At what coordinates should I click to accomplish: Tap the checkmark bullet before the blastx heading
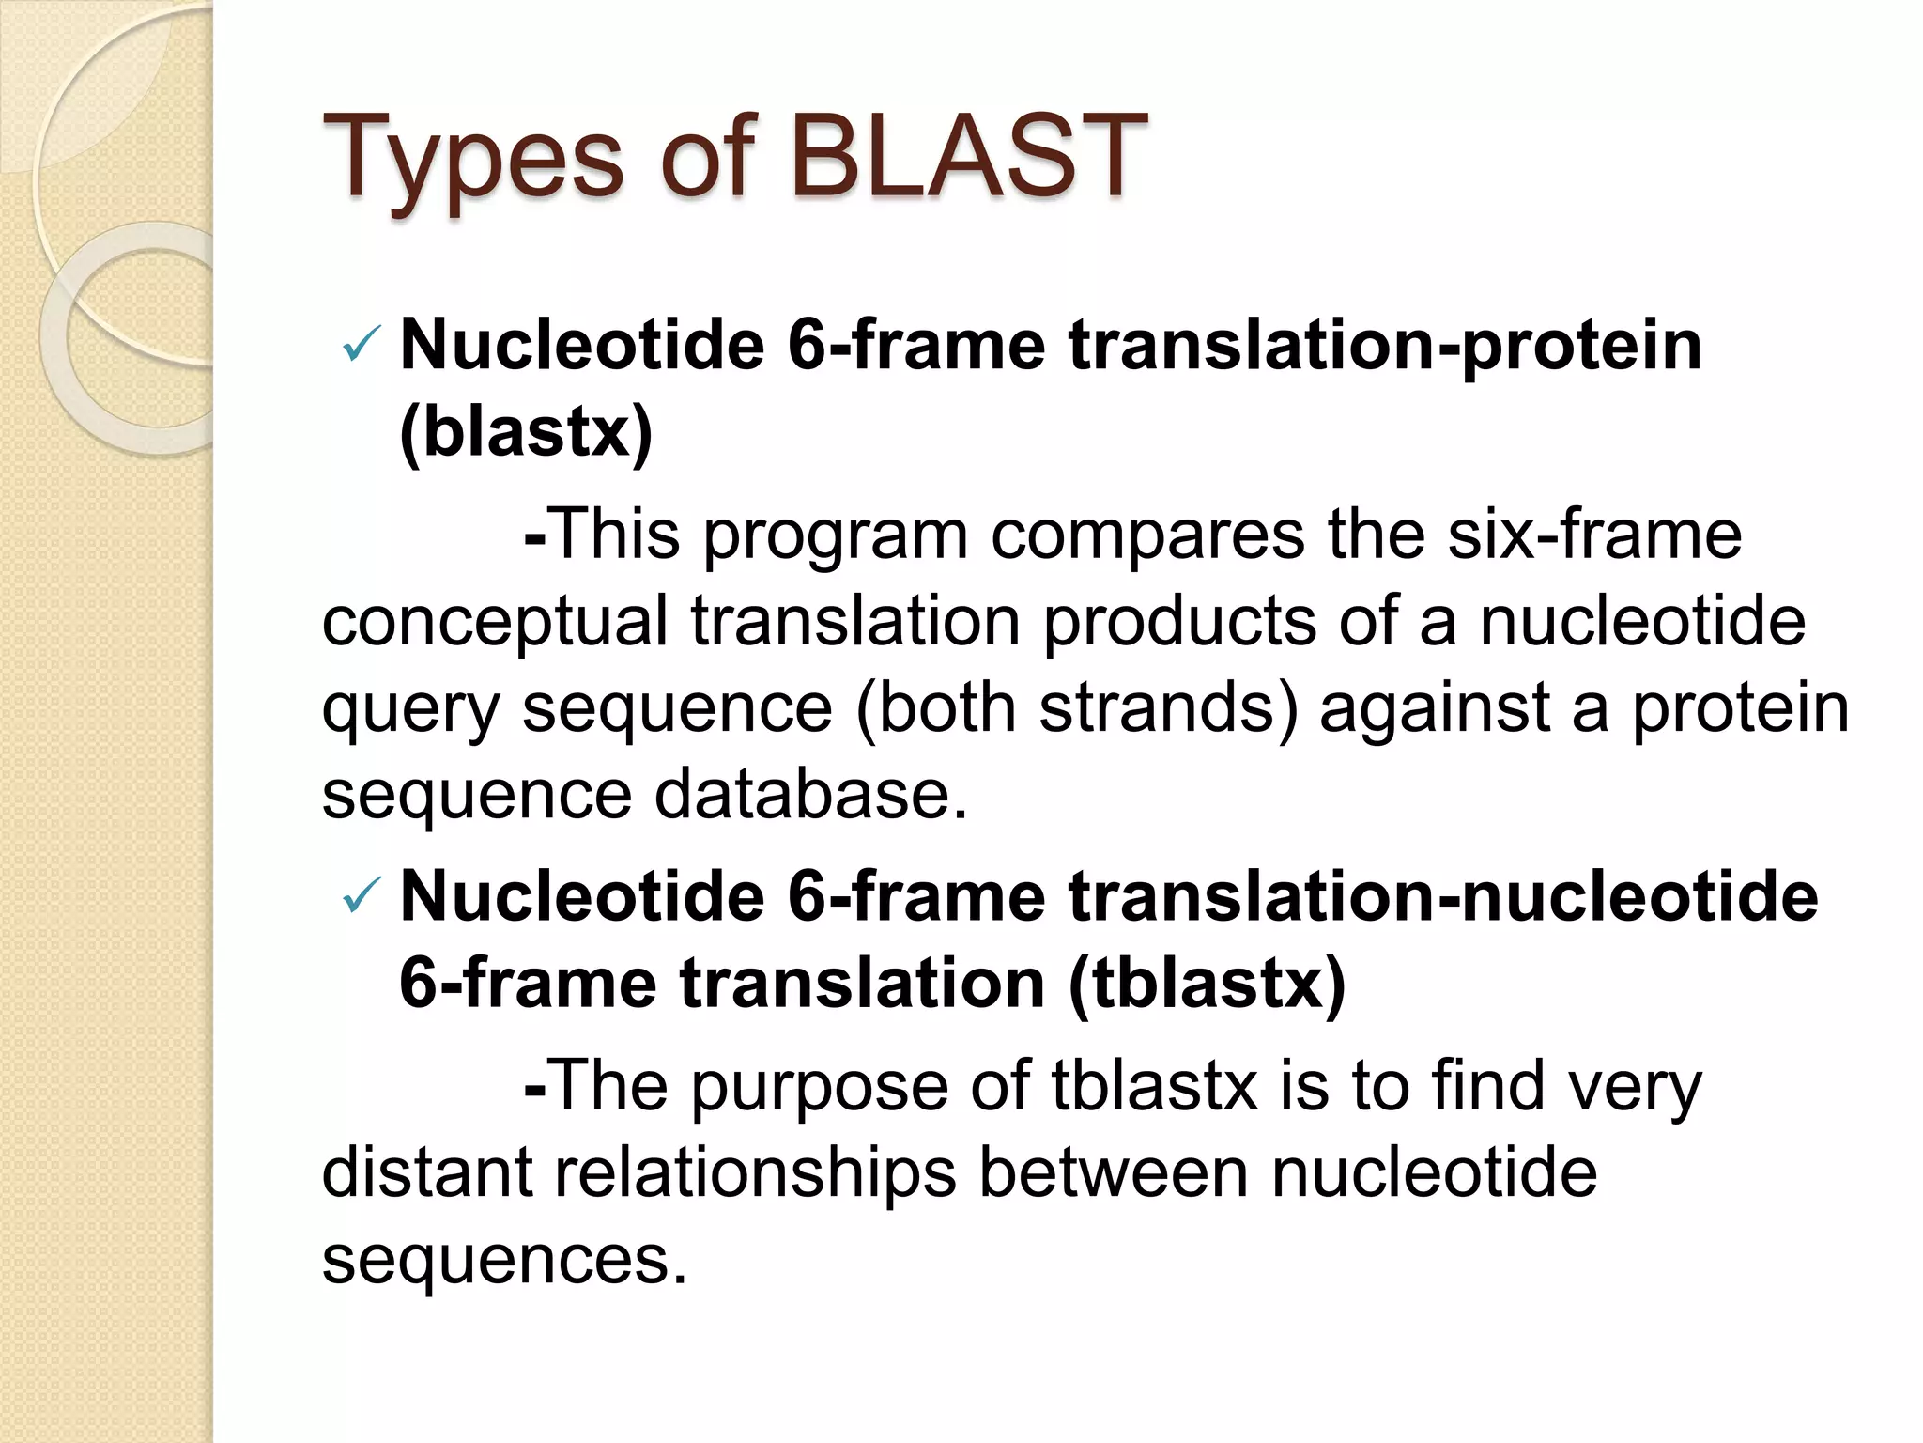[362, 346]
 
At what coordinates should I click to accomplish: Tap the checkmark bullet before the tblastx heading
[362, 897]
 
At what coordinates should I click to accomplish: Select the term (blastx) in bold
[526, 432]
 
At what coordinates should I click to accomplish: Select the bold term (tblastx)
[1207, 984]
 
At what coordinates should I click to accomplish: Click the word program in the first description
[835, 535]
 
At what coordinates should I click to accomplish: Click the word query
[409, 710]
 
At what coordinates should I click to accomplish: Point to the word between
[1114, 1173]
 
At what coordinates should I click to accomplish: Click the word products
[1179, 623]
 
